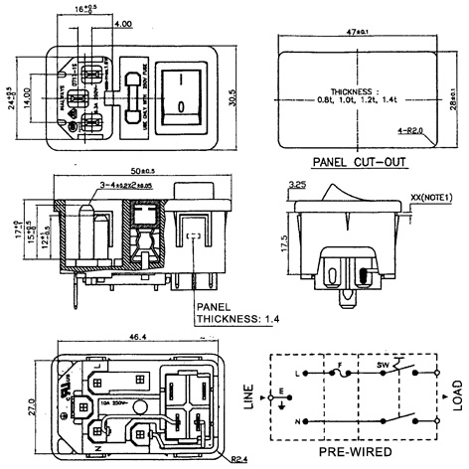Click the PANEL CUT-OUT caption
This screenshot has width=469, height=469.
point(359,160)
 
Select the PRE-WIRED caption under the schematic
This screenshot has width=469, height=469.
point(353,450)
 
